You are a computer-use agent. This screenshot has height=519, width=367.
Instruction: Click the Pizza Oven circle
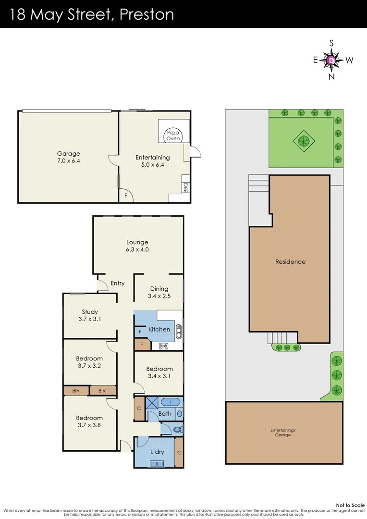(173, 136)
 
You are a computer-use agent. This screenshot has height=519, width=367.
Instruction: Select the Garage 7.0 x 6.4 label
(68, 158)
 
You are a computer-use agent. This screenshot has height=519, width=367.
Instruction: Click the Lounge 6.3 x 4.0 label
(137, 246)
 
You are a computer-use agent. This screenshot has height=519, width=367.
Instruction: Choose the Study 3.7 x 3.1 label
(90, 315)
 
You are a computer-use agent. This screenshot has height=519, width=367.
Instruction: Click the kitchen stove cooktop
(163, 345)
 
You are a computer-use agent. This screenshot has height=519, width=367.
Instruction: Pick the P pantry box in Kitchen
(142, 345)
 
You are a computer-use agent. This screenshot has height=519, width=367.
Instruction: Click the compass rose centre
(331, 60)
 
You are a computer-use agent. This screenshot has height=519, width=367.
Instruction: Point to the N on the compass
(331, 76)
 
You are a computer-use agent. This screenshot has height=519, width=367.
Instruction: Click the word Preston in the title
(147, 14)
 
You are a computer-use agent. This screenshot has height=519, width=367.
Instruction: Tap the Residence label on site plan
(290, 262)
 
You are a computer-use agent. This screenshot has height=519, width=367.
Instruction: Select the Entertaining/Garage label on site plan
(283, 432)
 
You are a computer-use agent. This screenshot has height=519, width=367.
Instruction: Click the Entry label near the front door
(118, 283)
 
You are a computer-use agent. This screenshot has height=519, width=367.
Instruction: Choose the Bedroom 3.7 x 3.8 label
(89, 421)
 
